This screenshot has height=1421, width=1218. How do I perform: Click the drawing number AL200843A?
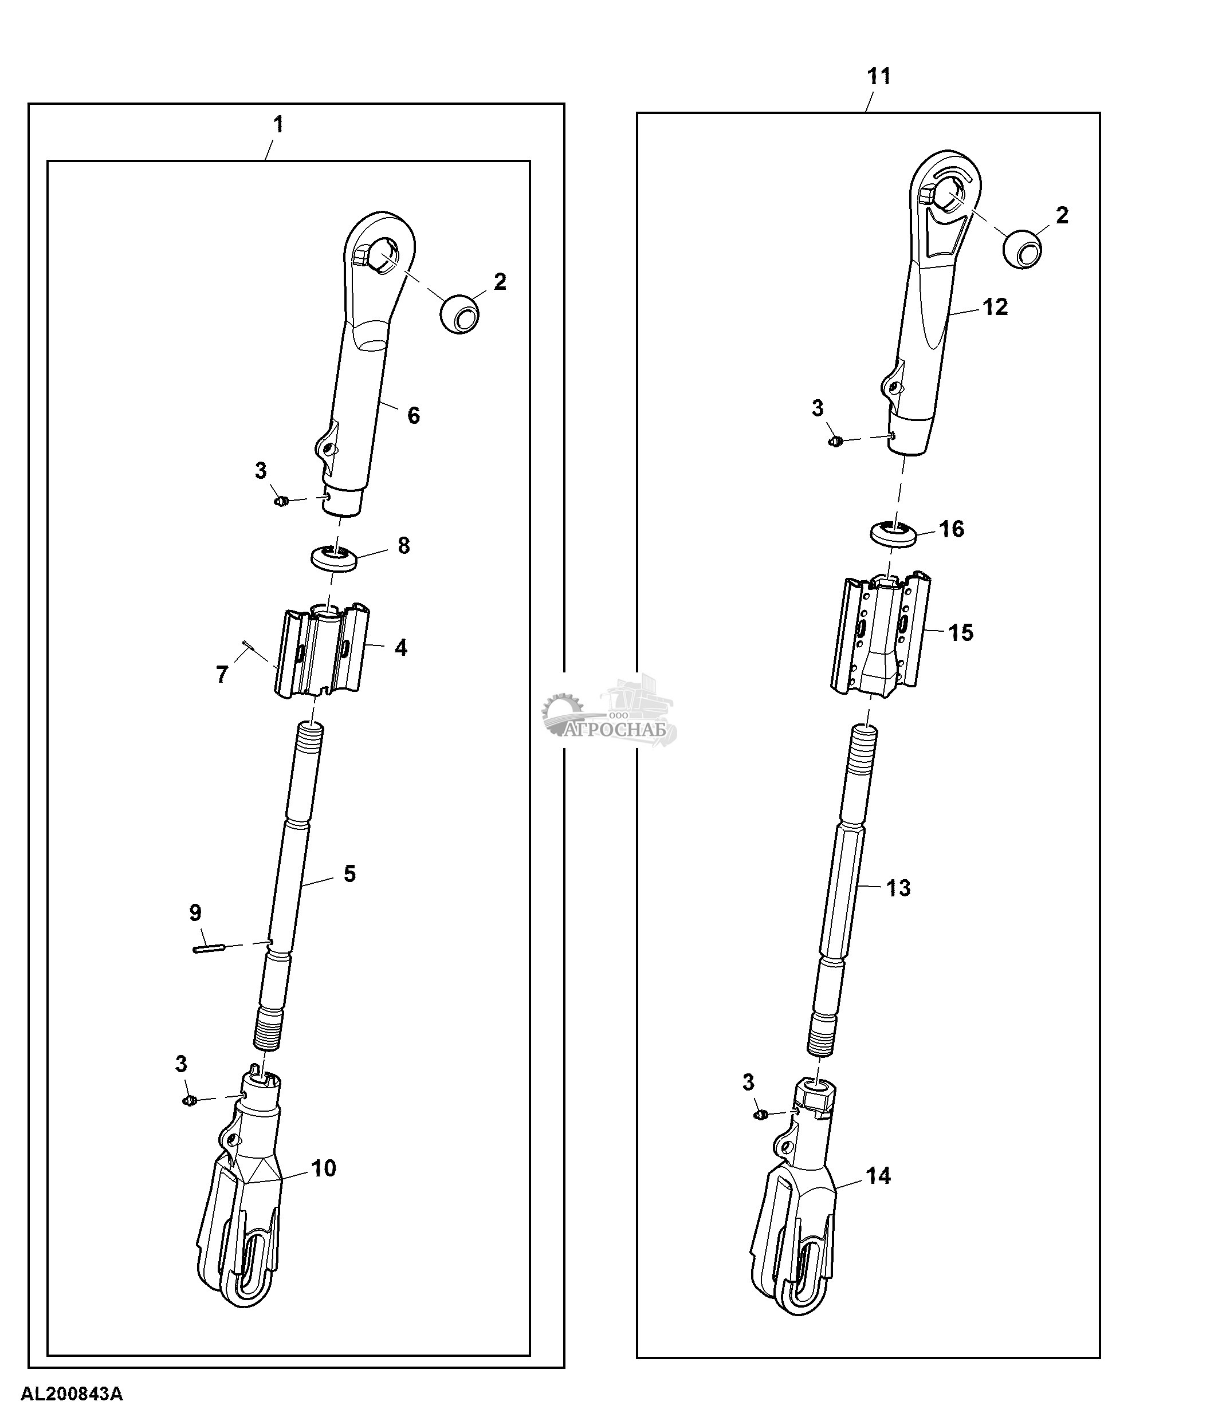click(x=72, y=1394)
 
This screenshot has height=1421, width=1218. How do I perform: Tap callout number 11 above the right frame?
click(x=879, y=76)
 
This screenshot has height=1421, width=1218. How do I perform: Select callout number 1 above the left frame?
click(x=278, y=124)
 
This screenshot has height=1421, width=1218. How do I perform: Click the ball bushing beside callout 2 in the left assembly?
click(x=459, y=313)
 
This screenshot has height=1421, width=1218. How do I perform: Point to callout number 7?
click(x=222, y=675)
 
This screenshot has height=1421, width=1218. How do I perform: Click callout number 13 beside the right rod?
click(x=898, y=888)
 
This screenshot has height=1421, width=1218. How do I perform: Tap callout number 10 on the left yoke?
click(x=324, y=1168)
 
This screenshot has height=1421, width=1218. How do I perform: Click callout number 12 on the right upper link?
click(x=995, y=306)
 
